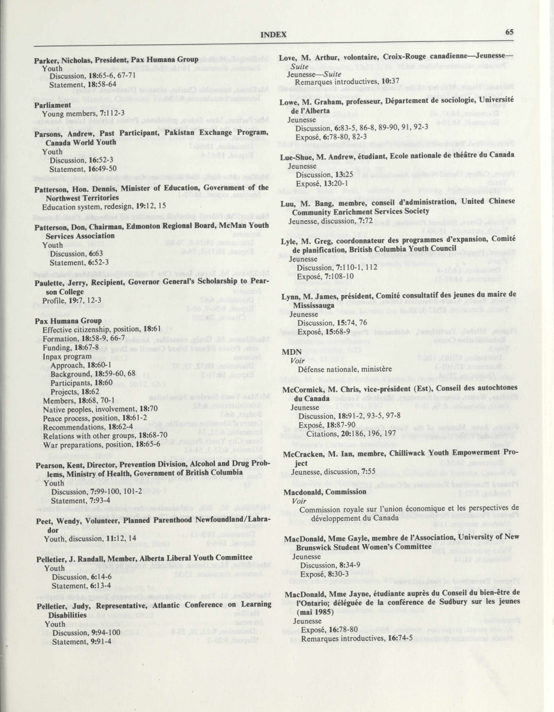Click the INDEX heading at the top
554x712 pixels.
coord(273,35)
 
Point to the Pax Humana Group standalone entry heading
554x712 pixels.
coord(68,321)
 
